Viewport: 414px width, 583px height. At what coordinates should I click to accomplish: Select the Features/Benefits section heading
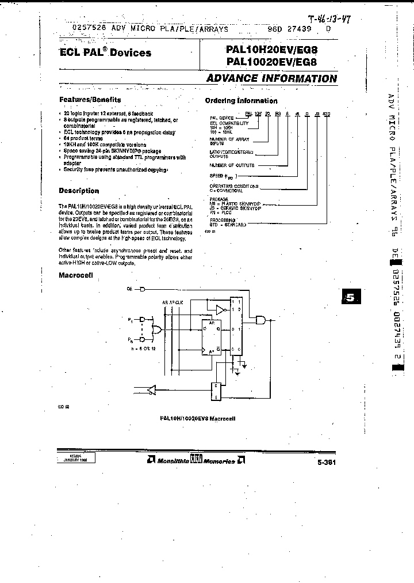click(x=87, y=99)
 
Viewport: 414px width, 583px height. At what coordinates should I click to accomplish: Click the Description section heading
click(x=79, y=191)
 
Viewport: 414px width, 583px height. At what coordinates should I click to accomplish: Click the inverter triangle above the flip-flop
click(x=220, y=310)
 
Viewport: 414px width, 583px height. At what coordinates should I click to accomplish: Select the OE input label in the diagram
click(x=129, y=289)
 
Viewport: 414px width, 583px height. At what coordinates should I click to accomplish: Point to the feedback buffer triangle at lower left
click(x=151, y=390)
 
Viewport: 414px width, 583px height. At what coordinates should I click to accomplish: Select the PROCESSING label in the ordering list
click(x=222, y=220)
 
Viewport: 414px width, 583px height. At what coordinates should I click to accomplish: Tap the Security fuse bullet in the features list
click(x=115, y=170)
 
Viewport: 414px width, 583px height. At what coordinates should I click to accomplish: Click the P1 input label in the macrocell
click(x=130, y=319)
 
